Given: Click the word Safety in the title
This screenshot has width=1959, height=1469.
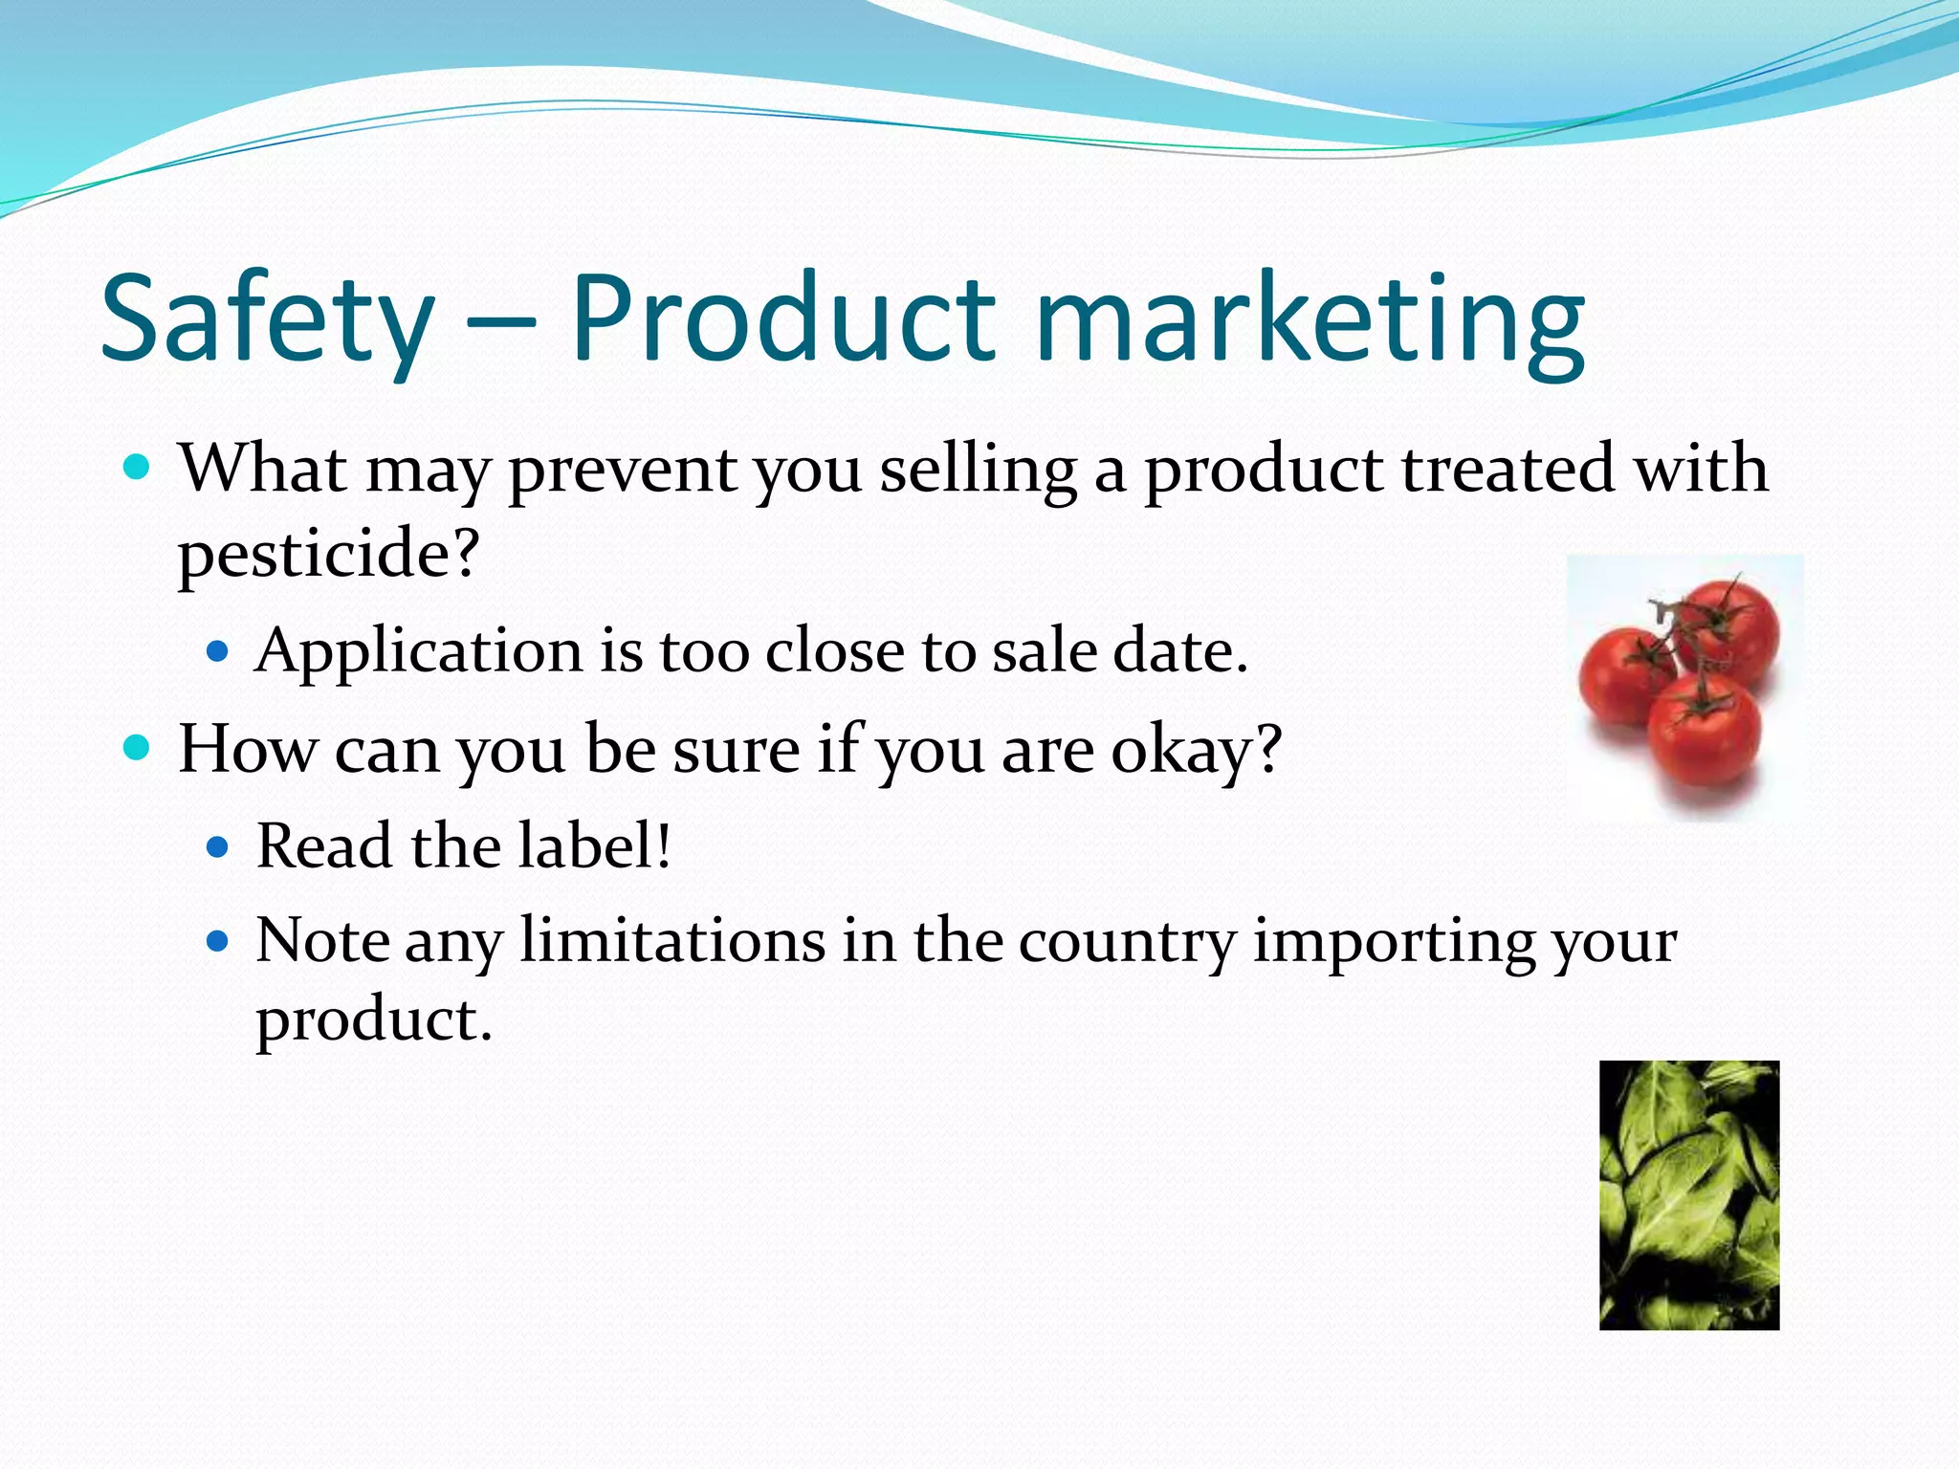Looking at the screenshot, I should (267, 319).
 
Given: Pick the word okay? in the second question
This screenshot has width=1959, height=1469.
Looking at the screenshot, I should (1196, 750).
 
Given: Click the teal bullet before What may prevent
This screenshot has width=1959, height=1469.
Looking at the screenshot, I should (138, 468).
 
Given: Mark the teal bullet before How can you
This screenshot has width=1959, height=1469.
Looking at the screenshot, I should (138, 748).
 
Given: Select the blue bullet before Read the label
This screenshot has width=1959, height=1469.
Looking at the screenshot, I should (218, 846).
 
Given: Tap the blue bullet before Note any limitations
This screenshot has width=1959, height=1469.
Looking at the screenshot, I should (218, 941).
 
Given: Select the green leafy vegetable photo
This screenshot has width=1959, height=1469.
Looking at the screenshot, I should (1688, 1195).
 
